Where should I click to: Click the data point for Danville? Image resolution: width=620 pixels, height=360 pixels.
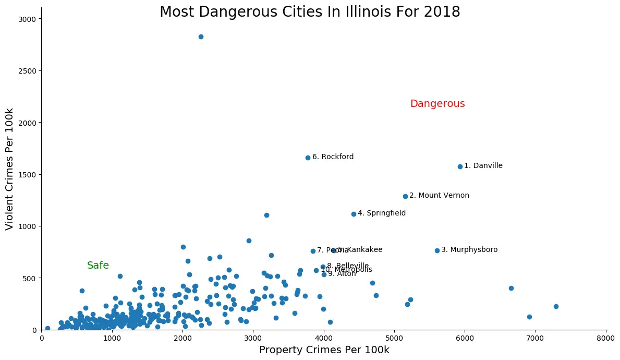point(460,166)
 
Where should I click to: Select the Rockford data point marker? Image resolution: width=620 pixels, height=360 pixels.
point(308,158)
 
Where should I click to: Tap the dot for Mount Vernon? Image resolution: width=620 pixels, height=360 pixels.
point(405,196)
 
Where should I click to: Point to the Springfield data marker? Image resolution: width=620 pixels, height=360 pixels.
point(354,214)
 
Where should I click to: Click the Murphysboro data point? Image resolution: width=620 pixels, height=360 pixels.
point(437,250)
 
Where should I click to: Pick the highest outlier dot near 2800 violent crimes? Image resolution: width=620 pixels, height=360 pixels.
point(201,37)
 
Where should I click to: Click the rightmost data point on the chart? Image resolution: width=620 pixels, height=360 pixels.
point(556,306)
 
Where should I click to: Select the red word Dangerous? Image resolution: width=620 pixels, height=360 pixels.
point(437,104)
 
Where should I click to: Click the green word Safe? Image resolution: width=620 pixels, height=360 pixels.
point(98,266)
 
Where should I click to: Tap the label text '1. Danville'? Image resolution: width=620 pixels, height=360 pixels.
point(483,166)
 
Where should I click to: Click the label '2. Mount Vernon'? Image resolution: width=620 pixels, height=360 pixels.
point(439,196)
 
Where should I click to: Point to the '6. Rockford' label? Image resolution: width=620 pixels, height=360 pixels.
point(333,157)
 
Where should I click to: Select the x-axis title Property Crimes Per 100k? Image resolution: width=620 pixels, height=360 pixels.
point(324,350)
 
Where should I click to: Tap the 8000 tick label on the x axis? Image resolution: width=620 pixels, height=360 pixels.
point(605,338)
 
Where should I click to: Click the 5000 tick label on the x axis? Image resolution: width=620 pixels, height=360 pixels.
point(394,338)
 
